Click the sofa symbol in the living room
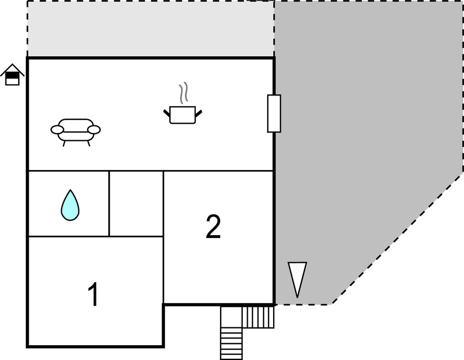click(x=76, y=132)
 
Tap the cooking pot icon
click(x=183, y=115)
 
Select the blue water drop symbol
click(x=70, y=205)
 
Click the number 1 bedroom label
click(x=93, y=294)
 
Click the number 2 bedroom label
click(x=213, y=226)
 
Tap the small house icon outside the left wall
click(x=12, y=75)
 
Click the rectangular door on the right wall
click(x=274, y=113)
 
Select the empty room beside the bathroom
click(x=136, y=204)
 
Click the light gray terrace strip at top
click(x=151, y=29)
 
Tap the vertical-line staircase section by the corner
click(x=258, y=317)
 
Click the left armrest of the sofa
click(x=57, y=130)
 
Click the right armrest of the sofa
click(x=94, y=130)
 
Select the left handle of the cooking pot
click(x=167, y=113)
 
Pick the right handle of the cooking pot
click(x=199, y=113)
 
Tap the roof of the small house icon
click(x=12, y=69)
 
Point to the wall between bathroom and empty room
click(x=109, y=204)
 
